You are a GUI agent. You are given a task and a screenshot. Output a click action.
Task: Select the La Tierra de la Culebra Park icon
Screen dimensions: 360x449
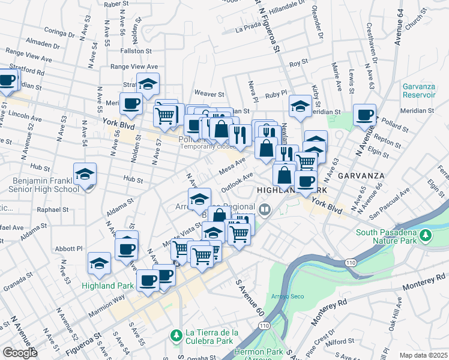pos(176,334)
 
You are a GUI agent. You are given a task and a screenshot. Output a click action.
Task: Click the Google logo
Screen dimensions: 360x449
pos(20,353)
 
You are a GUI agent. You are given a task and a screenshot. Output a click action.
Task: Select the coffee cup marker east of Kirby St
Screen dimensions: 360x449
pos(364,115)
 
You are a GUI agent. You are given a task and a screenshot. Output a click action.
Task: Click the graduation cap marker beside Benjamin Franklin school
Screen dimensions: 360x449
pos(85,175)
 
